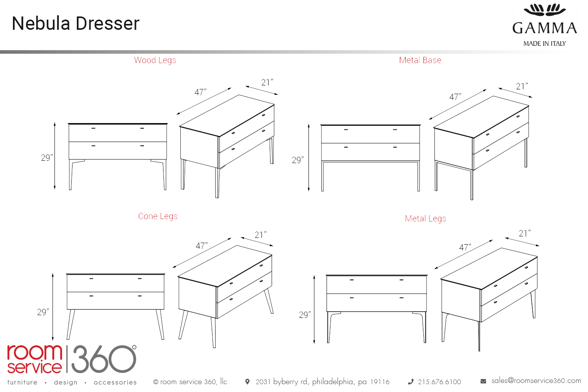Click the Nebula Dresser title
(x=76, y=24)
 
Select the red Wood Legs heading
(x=155, y=60)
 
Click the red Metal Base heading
(x=420, y=60)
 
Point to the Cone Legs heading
(x=158, y=216)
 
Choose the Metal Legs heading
(x=425, y=218)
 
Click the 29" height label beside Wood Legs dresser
(x=47, y=158)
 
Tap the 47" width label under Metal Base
(x=455, y=97)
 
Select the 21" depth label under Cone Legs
(x=260, y=235)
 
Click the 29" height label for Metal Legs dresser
(x=305, y=314)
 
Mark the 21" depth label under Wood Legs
(x=267, y=82)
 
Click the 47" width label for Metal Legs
(x=465, y=247)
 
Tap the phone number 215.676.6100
(x=439, y=382)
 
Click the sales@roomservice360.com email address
(x=536, y=381)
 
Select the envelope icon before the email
(x=483, y=381)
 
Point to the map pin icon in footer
(x=247, y=381)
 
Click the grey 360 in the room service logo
(x=104, y=359)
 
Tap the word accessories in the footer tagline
(x=115, y=382)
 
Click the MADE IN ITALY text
(x=544, y=44)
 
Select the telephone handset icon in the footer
(x=411, y=382)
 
